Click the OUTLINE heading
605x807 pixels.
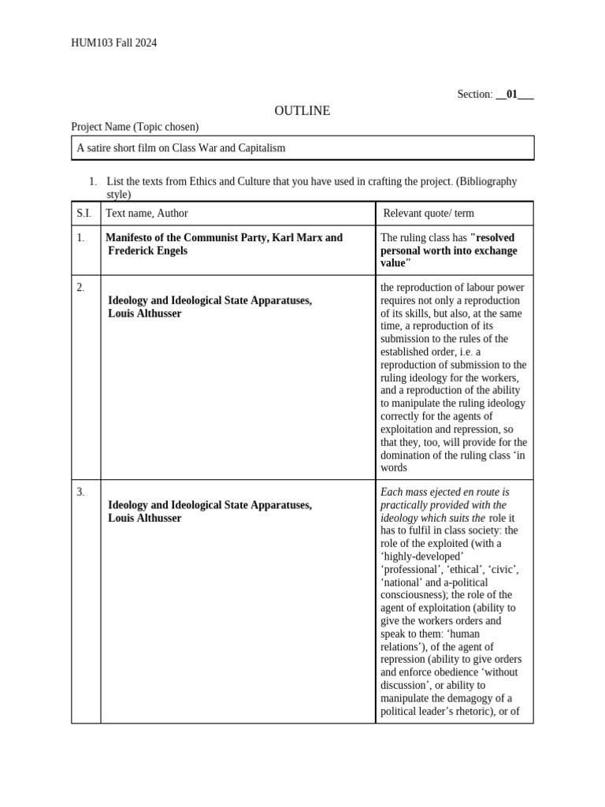click(x=302, y=111)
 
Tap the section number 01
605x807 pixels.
click(x=513, y=95)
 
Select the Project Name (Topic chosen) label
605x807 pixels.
click(x=135, y=127)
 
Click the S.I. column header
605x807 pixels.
click(x=84, y=214)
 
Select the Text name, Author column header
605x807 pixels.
click(x=147, y=214)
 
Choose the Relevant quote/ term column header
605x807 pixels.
click(x=429, y=214)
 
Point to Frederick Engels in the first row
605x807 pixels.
click(x=148, y=251)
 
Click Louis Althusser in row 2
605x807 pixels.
click(x=144, y=314)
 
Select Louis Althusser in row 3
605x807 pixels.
click(x=144, y=519)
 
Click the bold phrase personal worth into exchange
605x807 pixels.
click(x=449, y=251)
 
